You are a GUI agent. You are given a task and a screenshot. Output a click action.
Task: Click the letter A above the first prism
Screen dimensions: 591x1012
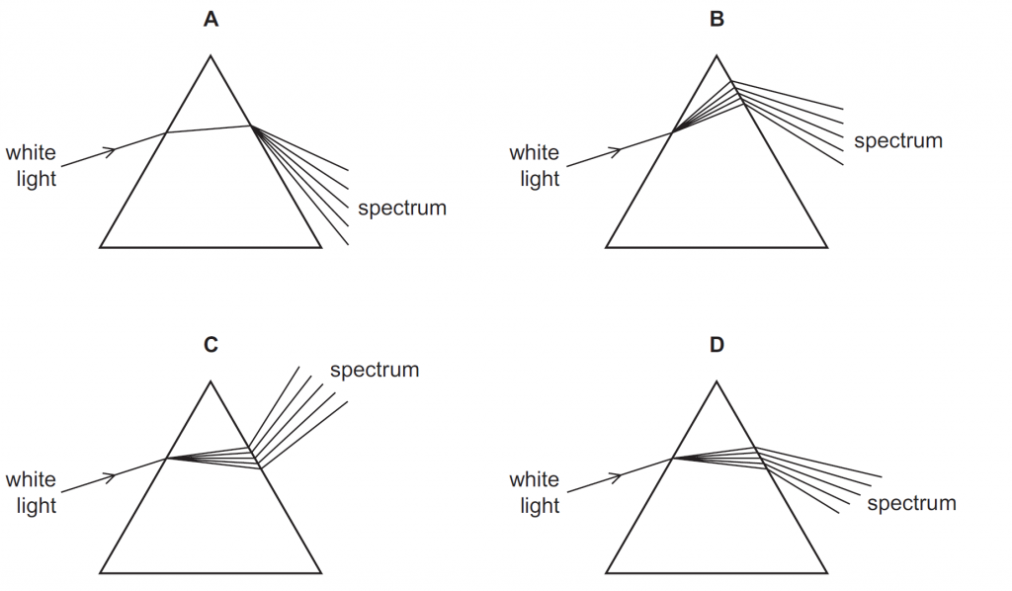point(211,18)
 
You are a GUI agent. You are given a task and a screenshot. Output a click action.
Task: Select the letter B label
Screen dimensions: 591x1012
point(717,18)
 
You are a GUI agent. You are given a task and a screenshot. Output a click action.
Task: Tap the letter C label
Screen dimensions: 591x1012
point(211,345)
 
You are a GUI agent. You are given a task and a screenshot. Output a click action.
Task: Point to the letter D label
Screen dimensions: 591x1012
point(717,345)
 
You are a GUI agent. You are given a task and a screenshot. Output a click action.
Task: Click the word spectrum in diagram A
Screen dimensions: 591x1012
point(402,209)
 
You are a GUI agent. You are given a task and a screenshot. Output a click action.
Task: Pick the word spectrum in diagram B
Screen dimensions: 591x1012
point(898,141)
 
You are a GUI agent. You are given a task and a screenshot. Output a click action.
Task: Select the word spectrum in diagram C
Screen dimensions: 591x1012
point(375,371)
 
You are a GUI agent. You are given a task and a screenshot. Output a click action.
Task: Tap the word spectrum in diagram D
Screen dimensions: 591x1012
point(911,504)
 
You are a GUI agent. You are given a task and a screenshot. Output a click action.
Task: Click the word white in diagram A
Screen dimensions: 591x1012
point(31,153)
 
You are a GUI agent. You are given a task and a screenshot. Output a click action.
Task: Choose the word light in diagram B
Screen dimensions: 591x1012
point(540,179)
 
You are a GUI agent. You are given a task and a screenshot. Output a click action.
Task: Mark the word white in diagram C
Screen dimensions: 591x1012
point(31,480)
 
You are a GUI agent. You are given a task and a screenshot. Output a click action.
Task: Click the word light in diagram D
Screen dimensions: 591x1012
point(540,506)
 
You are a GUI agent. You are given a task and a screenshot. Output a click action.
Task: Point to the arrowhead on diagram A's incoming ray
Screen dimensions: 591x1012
point(113,149)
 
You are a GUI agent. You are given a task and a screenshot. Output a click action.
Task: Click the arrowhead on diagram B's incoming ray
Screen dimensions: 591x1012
point(618,149)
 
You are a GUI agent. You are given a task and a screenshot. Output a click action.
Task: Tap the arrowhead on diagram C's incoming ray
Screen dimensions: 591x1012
point(113,476)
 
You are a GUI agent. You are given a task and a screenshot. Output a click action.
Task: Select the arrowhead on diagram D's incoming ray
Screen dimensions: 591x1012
point(618,476)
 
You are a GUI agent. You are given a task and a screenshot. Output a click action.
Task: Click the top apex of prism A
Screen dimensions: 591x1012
point(211,55)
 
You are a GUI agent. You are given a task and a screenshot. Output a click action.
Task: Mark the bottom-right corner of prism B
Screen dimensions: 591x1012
point(827,246)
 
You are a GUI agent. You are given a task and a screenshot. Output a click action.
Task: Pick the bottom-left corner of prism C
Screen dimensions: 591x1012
point(100,573)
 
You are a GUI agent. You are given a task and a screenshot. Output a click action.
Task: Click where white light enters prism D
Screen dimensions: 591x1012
point(672,459)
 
